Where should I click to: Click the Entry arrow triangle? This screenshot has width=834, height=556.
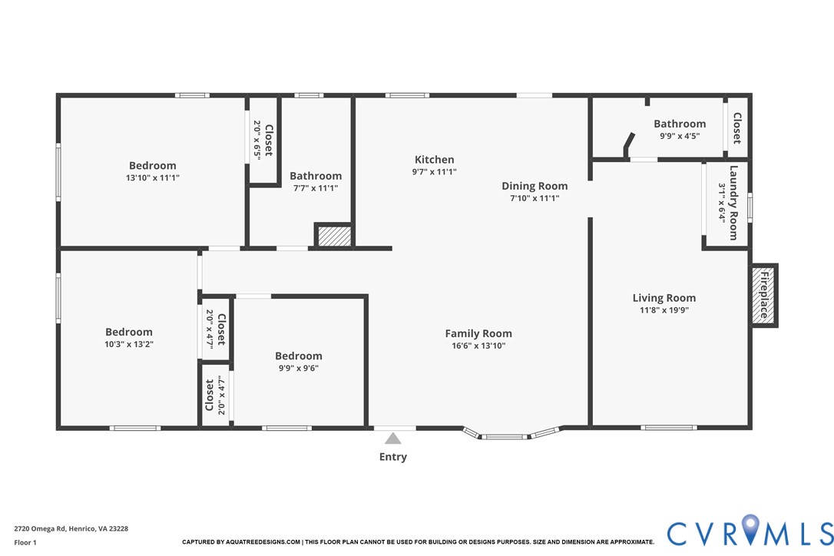[393, 439]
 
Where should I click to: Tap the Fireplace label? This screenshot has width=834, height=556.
[764, 295]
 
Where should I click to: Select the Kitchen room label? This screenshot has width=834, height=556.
[435, 160]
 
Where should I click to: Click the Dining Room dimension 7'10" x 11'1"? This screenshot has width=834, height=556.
[534, 198]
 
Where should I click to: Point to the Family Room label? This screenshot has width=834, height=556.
[478, 333]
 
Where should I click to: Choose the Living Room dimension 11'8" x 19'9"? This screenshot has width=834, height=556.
[664, 310]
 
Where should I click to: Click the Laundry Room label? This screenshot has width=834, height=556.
[733, 203]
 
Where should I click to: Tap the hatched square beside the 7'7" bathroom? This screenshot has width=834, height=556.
[334, 236]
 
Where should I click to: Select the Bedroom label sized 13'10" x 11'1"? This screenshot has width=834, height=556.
[152, 165]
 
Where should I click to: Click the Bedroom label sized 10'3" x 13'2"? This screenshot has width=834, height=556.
[129, 332]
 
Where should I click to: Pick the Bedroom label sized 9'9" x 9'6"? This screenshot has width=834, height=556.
[299, 356]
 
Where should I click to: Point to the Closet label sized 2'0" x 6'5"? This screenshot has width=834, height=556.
[268, 140]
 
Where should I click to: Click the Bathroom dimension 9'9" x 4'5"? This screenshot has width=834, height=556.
[680, 136]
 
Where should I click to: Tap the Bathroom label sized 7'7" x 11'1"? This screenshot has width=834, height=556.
[316, 176]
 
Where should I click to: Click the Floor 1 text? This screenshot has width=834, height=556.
[25, 542]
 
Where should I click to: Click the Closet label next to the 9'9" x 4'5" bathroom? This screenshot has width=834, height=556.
[736, 128]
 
